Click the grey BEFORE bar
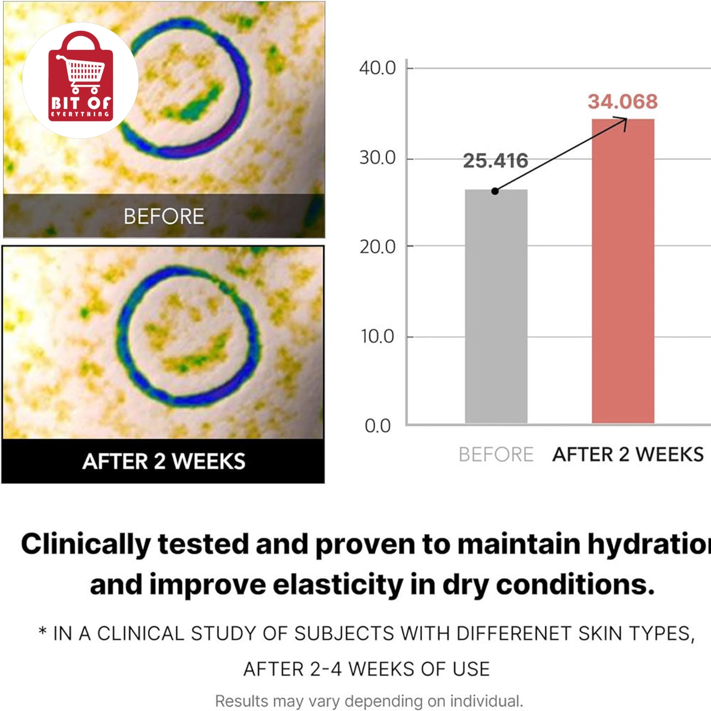[496, 306]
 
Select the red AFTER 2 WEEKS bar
[623, 271]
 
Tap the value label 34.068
[622, 102]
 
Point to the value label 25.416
[496, 161]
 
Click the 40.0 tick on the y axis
[377, 68]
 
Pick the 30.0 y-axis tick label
[377, 158]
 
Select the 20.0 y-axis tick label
[377, 247]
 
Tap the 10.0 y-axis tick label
[377, 336]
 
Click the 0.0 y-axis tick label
[377, 426]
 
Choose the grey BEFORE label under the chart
[496, 454]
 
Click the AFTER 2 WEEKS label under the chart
[628, 454]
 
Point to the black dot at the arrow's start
[495, 191]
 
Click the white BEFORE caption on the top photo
[164, 216]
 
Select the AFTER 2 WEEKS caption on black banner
[164, 461]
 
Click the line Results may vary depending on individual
[369, 701]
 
